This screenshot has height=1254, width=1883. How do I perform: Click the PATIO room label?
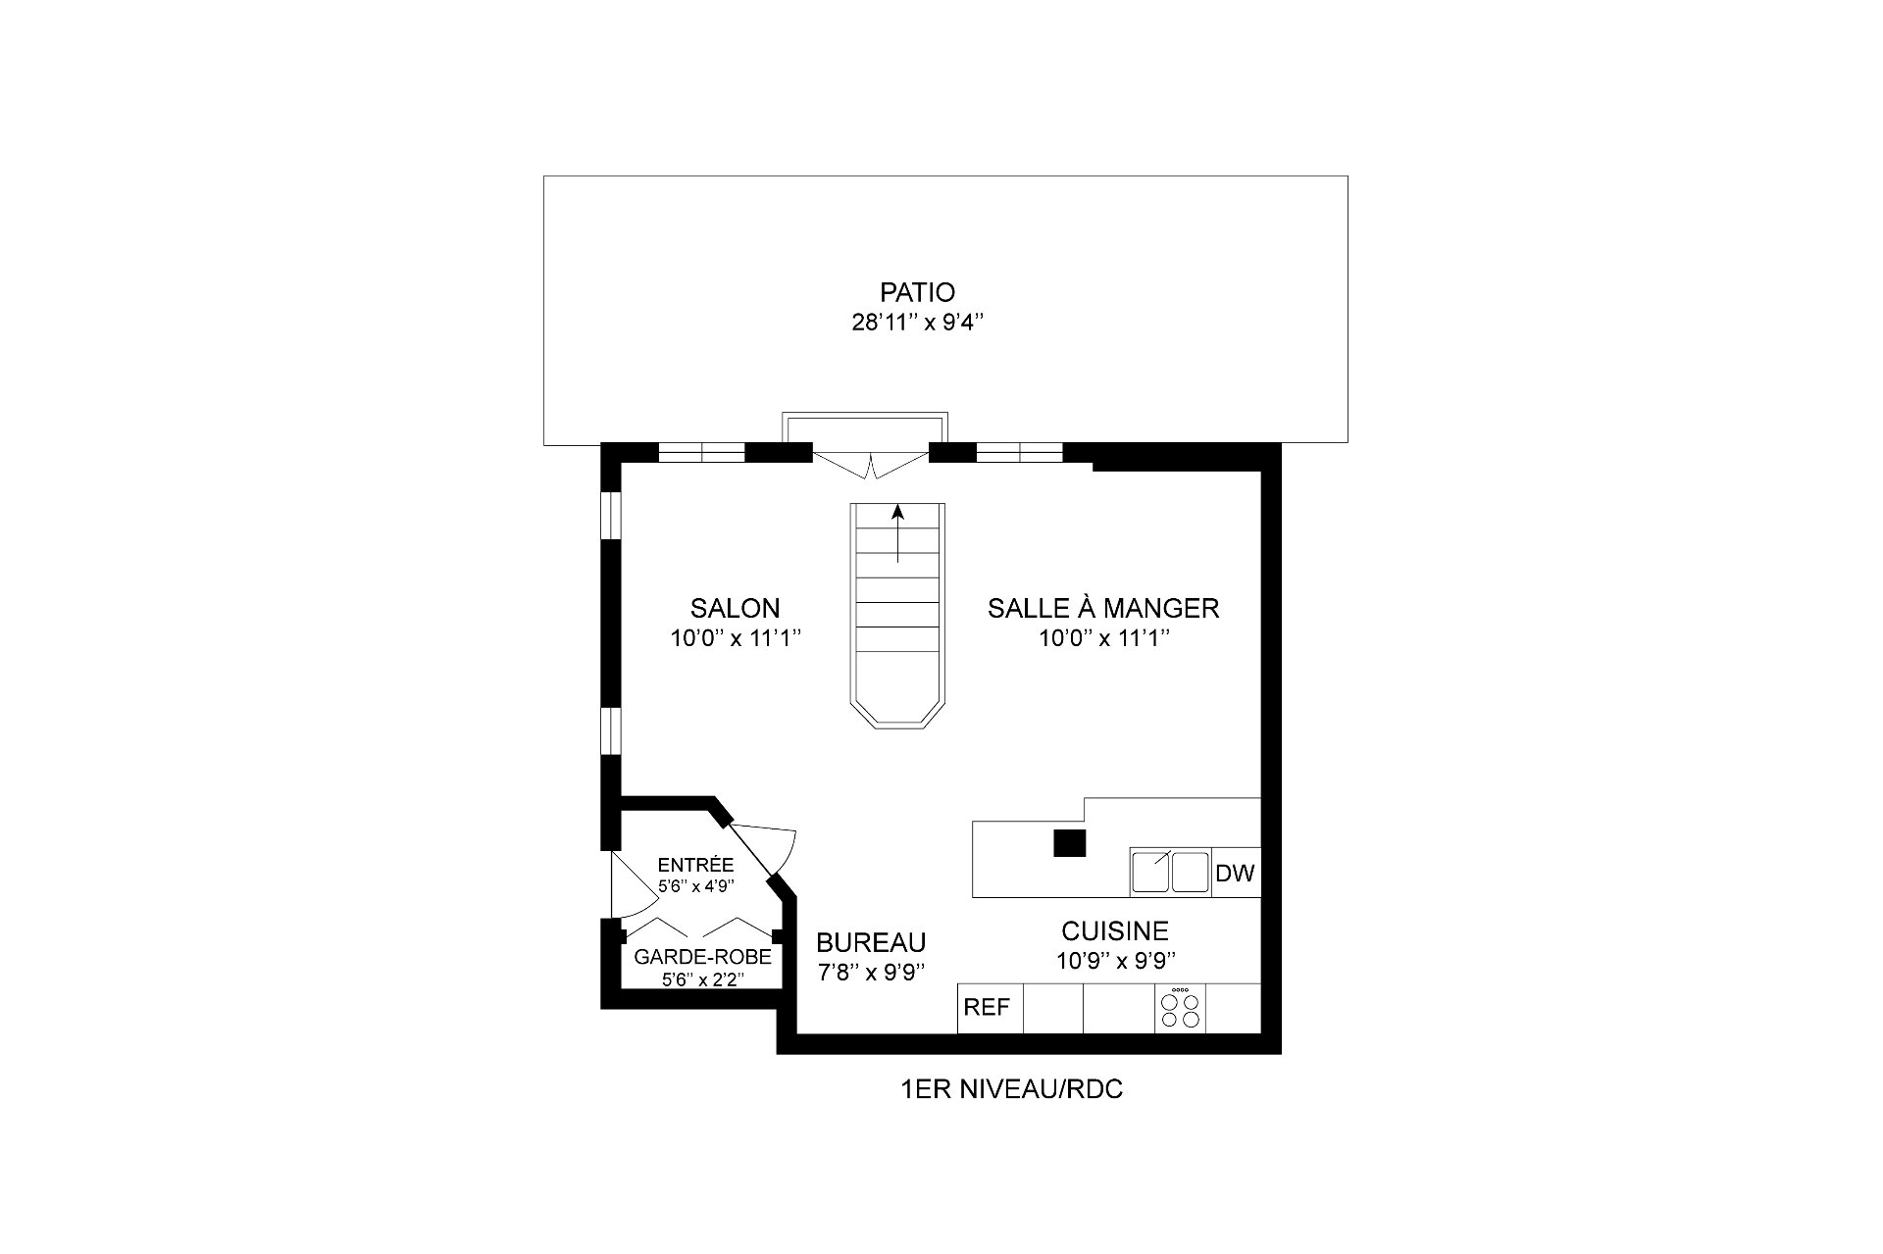point(917,292)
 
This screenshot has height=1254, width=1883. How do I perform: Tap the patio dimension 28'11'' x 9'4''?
point(917,324)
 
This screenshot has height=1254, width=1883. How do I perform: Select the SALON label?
point(735,608)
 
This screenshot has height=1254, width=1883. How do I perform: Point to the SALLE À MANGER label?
point(1103,608)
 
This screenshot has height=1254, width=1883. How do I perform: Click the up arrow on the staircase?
point(897,533)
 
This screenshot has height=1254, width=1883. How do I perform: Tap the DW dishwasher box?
point(1236,873)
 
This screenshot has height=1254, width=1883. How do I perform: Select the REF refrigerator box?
point(991,1008)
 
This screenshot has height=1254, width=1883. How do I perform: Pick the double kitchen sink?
point(1170,872)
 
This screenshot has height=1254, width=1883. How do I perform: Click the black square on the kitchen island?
point(1070,843)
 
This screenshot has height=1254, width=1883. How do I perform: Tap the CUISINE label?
point(1115,930)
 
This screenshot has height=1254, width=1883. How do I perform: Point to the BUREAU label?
point(871,942)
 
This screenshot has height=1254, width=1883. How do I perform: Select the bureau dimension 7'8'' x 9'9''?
point(872,973)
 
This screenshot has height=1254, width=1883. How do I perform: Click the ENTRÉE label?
point(695,865)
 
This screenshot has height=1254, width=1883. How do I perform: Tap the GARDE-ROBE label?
point(702,957)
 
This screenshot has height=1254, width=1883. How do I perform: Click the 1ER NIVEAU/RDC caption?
point(1011,1089)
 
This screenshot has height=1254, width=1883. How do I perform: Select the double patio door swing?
point(871,465)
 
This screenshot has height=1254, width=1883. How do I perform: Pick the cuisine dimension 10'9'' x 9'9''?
point(1116,961)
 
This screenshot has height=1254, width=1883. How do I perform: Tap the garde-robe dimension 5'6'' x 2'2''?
point(702,978)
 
